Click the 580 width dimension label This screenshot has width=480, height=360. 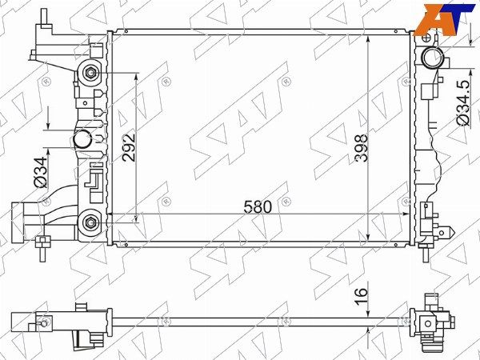click(x=258, y=207)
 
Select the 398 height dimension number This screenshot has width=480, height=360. click(x=361, y=148)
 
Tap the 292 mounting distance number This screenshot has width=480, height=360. click(x=128, y=147)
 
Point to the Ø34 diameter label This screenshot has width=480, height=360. click(x=41, y=172)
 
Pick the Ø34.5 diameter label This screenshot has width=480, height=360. click(x=463, y=103)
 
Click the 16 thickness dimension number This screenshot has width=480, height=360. click(x=361, y=297)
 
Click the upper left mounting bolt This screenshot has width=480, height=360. click(x=90, y=73)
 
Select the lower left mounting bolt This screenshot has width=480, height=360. click(x=91, y=222)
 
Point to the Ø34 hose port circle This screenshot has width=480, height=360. click(x=82, y=139)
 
